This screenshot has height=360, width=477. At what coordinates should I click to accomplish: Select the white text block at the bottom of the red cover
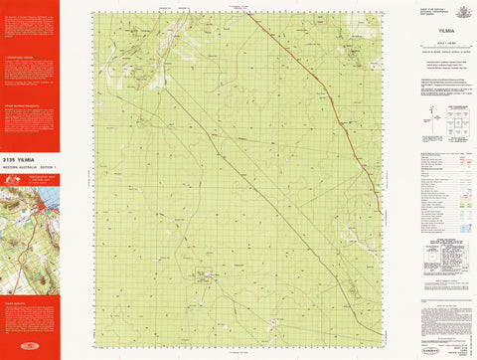click(30, 313)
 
